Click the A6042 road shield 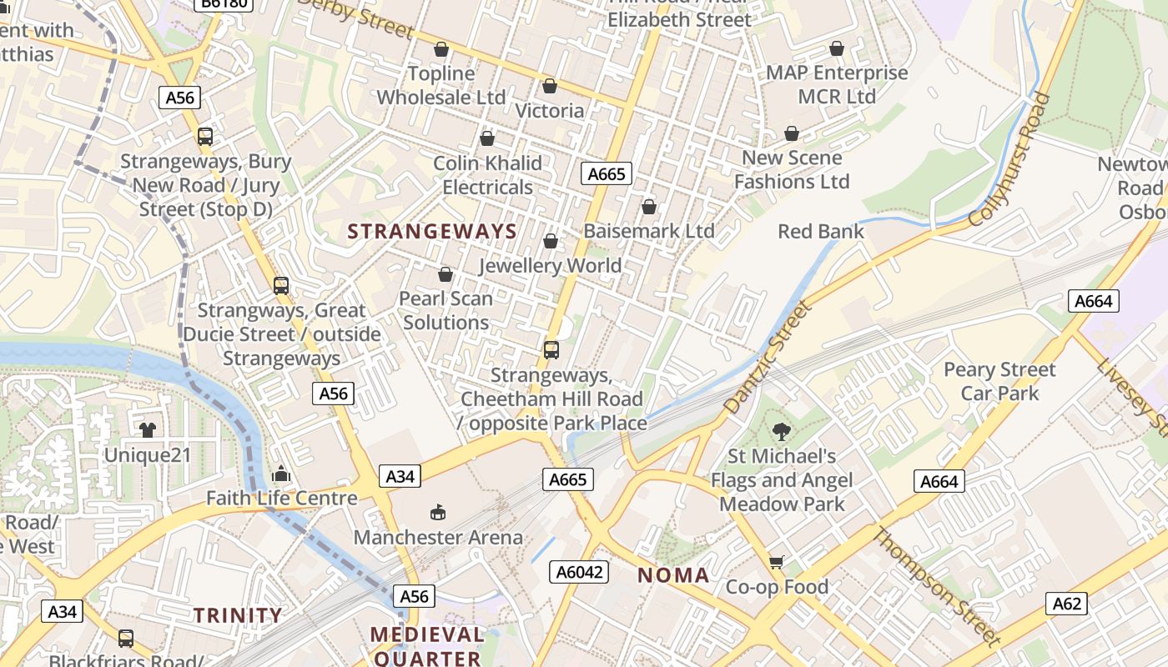tap(579, 571)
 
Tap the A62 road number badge tap(1066, 604)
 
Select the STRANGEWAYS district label tap(432, 232)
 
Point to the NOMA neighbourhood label tap(673, 575)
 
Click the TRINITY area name tap(239, 615)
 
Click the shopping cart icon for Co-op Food tap(777, 562)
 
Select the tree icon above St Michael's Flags tap(782, 431)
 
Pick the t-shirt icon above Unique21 tap(148, 429)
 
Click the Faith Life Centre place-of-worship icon tap(281, 474)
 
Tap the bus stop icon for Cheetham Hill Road tap(551, 350)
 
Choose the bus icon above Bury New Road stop tap(205, 137)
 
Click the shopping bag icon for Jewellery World tap(551, 241)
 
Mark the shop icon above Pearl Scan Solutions tap(446, 274)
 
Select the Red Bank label tap(821, 231)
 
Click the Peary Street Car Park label tap(999, 381)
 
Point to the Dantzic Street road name tap(768, 359)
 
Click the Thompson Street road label tap(936, 587)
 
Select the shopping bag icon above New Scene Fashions tap(792, 133)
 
